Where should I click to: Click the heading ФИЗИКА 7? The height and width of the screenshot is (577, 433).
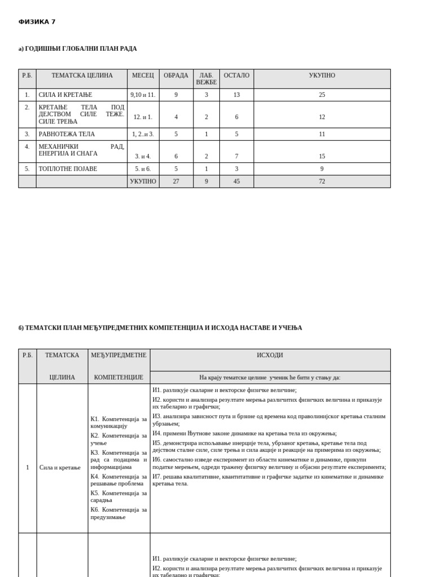[37, 22]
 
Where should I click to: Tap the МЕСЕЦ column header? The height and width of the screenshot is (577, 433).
[143, 76]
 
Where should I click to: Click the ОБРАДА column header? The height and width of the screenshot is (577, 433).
[176, 76]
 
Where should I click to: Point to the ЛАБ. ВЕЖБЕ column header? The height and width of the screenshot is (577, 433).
[206, 79]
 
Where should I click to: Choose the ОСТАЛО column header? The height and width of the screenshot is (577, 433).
[236, 76]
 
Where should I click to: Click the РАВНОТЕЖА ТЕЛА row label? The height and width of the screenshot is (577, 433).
[67, 134]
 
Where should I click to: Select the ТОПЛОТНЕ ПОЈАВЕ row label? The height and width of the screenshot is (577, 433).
[68, 168]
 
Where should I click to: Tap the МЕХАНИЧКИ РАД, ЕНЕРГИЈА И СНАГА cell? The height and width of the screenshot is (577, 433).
[81, 150]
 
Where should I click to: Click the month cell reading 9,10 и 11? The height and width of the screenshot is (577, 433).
[143, 95]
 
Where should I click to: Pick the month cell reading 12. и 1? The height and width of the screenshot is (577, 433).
[143, 117]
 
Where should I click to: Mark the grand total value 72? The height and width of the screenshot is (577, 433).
[322, 181]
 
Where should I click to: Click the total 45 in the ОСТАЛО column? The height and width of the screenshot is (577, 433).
[236, 181]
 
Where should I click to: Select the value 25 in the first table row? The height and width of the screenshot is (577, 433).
[322, 95]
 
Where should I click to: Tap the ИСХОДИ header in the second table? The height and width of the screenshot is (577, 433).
[270, 356]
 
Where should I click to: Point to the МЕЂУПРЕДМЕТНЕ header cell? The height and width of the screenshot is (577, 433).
[118, 356]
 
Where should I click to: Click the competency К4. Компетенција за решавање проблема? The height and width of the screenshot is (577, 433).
[118, 480]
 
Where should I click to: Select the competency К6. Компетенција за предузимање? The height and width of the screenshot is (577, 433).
[118, 513]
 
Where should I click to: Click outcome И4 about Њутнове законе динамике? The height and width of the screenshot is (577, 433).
[244, 433]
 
